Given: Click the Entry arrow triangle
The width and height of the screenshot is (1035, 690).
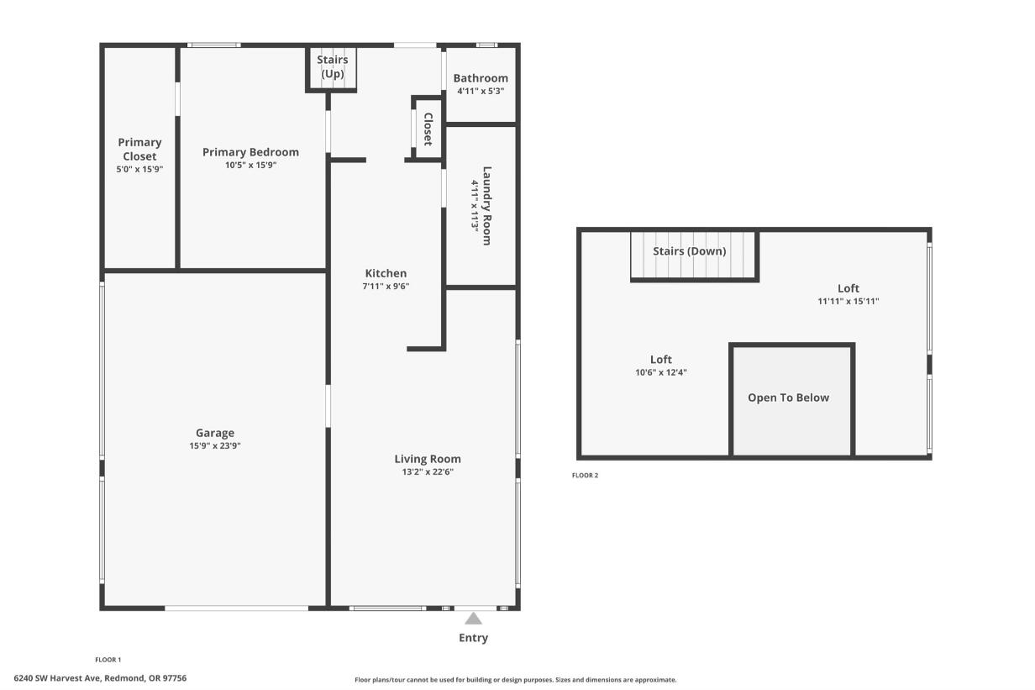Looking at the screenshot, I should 474,619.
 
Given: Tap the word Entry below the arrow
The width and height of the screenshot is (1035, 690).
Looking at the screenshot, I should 473,638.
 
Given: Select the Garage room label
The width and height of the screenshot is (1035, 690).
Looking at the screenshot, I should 216,433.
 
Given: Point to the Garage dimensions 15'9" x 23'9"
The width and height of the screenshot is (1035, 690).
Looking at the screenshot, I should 216,446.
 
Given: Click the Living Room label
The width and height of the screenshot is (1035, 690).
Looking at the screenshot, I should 428,459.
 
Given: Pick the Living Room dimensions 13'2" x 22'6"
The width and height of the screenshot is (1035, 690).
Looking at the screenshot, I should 428,472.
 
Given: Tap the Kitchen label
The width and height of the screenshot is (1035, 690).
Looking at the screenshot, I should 386,273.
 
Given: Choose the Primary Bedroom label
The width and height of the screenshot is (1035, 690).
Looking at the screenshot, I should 250,152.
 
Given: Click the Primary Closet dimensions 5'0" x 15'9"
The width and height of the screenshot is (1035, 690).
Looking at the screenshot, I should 139,170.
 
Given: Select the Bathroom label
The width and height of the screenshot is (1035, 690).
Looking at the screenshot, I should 481,78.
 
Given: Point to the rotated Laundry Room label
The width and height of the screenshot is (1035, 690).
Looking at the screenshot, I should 486,205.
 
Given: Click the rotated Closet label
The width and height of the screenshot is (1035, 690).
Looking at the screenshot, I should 428,129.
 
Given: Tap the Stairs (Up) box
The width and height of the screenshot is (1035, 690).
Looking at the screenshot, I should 332,67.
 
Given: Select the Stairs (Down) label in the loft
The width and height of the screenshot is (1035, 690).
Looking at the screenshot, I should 690,251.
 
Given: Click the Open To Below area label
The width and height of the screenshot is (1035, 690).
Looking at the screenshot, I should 788,398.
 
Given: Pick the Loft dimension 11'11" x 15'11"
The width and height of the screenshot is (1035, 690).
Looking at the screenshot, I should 848,301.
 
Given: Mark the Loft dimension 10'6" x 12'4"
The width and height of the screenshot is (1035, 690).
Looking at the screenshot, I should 661,372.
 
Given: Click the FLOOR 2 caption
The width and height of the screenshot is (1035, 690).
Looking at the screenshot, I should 586,476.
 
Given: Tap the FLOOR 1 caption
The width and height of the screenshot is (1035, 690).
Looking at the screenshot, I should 108,660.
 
